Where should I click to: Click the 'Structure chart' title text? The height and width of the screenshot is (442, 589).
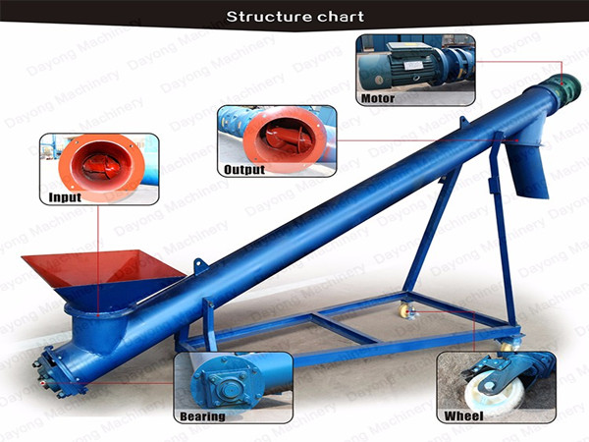point(294,17)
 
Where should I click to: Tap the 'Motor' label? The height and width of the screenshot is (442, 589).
point(378,98)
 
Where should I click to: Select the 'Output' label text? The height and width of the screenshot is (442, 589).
point(244,170)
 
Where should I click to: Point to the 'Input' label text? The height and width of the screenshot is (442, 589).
point(65,197)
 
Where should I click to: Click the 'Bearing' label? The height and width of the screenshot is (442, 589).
point(202,416)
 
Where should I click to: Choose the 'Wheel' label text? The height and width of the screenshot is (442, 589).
point(463,415)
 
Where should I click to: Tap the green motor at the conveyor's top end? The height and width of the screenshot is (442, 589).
point(565,86)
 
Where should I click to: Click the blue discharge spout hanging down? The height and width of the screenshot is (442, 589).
point(527,168)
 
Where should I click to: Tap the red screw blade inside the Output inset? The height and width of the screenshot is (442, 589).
point(289,138)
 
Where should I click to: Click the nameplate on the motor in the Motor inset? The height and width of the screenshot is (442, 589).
point(412,65)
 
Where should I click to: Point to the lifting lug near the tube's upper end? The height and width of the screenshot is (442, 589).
point(464,122)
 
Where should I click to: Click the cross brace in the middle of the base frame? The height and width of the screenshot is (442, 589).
point(345,327)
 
